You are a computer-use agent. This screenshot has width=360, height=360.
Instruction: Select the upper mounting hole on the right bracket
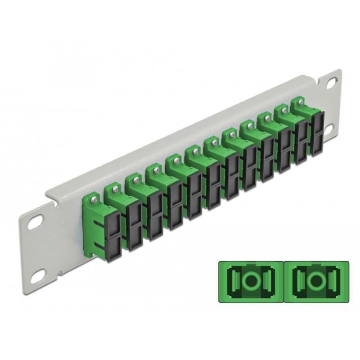click(x=332, y=83)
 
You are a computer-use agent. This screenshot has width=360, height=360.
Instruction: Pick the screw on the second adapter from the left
click(x=116, y=188)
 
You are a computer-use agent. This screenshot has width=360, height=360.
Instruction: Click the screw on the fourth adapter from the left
click(x=156, y=169)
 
